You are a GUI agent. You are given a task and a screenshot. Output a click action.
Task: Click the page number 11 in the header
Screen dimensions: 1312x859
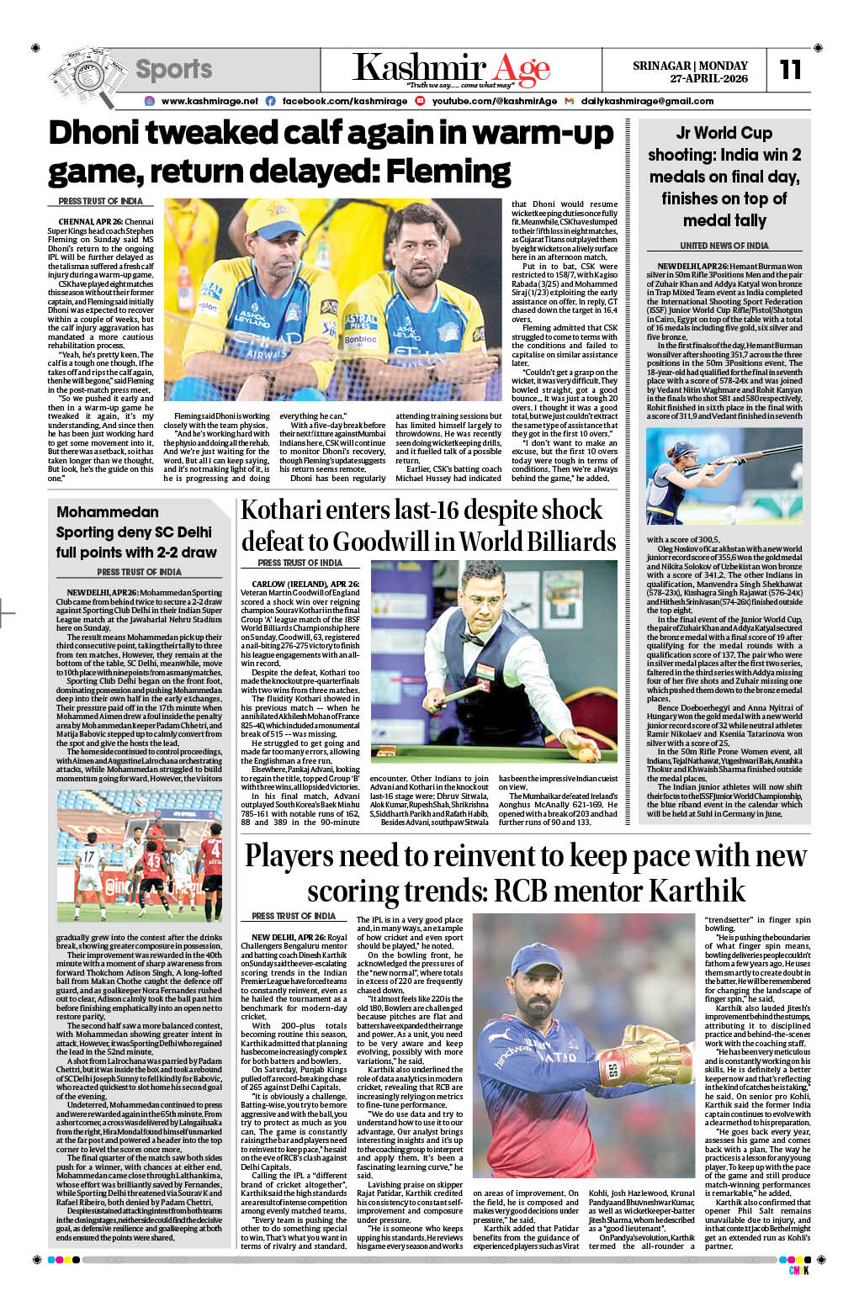click(790, 69)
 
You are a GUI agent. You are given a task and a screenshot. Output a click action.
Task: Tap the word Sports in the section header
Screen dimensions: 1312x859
click(173, 69)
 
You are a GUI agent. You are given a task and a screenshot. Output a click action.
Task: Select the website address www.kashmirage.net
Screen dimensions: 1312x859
click(209, 101)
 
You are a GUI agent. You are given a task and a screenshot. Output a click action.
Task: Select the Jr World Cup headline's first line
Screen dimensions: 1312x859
click(724, 133)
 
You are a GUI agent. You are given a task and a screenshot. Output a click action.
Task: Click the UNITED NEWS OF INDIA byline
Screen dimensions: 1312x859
click(724, 246)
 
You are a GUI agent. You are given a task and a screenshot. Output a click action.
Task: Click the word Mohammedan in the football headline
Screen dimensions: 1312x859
click(107, 512)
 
